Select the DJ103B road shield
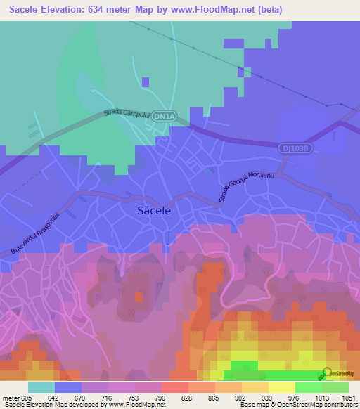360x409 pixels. [293, 148]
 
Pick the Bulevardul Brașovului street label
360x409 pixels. [42, 231]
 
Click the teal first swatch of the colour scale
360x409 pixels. [41, 387]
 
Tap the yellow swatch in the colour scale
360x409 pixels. [282, 387]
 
